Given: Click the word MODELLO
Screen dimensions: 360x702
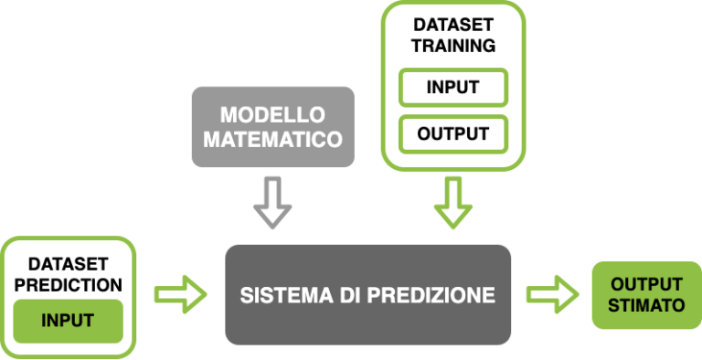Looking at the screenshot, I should [272, 116].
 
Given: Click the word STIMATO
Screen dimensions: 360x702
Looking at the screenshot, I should [647, 304].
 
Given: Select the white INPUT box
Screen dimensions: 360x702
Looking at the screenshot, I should [452, 88].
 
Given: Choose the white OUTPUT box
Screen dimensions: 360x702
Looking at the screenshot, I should [452, 132].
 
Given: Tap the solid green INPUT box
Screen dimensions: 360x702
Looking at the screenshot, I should [68, 321].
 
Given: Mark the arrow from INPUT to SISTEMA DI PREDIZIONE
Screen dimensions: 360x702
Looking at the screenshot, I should [181, 294].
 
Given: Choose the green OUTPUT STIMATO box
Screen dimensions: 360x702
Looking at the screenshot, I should [647, 294].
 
